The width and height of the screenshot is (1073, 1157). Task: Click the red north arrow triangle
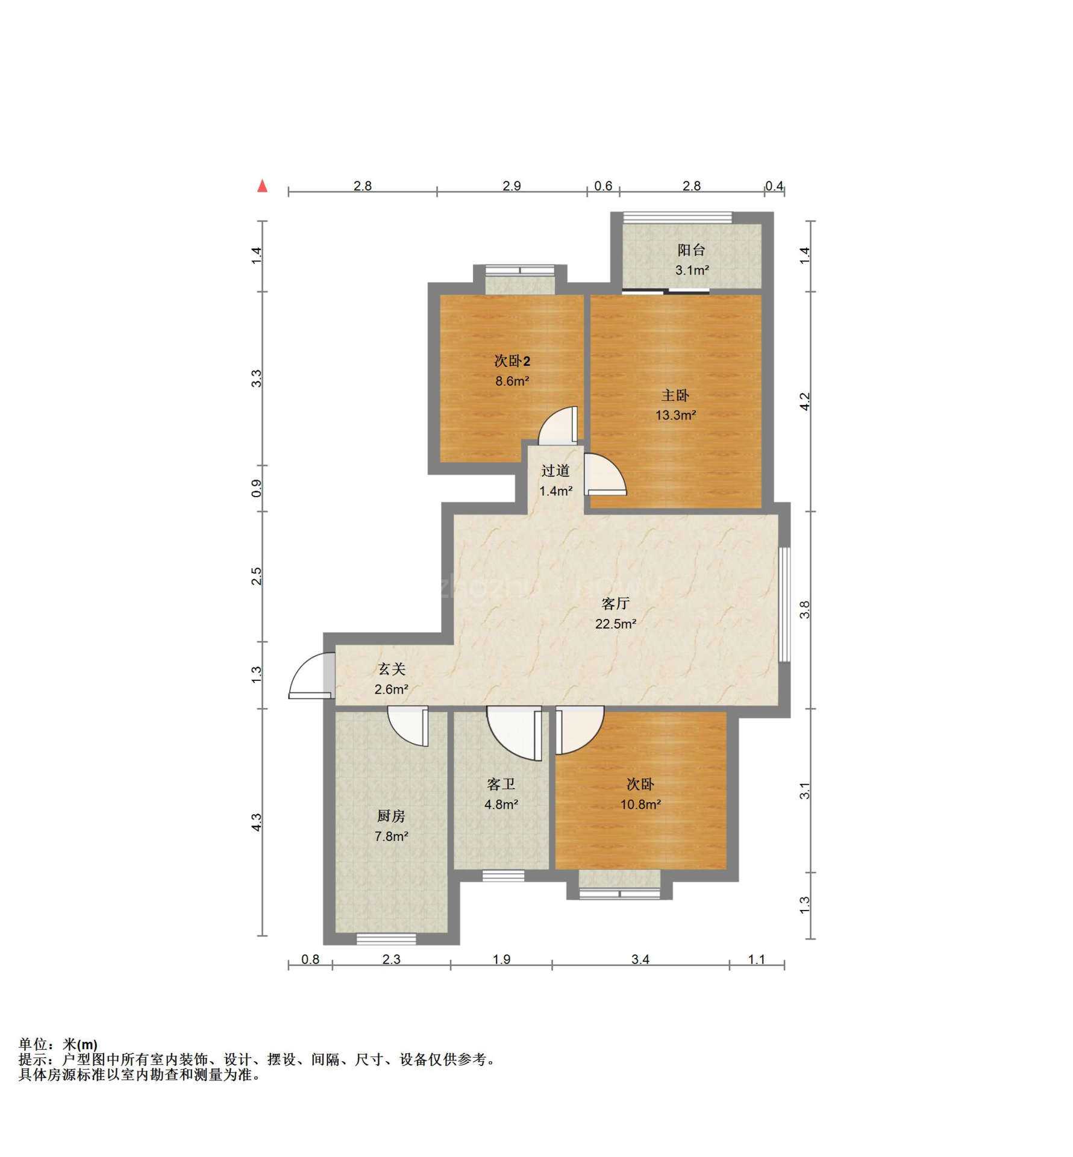tap(262, 186)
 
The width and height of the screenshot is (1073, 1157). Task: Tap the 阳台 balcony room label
tap(691, 249)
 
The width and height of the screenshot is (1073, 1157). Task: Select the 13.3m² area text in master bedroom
tap(675, 415)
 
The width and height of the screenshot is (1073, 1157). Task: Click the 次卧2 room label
tap(512, 361)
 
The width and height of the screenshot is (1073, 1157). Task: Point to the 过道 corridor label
tap(555, 471)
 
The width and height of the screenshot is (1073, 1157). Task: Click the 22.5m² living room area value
tap(615, 624)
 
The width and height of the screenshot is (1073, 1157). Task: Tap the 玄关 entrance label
tap(392, 669)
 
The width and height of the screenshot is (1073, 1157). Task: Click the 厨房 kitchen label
tap(391, 816)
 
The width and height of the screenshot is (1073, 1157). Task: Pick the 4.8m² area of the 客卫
tap(501, 804)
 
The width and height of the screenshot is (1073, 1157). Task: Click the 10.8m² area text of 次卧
tap(640, 804)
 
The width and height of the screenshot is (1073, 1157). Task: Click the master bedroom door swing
tap(605, 474)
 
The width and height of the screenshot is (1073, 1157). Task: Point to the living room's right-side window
tap(784, 604)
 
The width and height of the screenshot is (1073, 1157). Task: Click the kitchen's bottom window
tap(386, 939)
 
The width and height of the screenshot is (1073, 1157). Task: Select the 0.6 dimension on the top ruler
tap(603, 186)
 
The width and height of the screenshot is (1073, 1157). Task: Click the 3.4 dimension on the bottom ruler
tap(640, 959)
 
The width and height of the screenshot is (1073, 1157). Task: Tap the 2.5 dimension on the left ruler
tap(257, 576)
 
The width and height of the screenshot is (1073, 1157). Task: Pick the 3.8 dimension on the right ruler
tap(805, 610)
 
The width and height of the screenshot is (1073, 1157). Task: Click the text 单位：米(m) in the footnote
tap(58, 1044)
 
